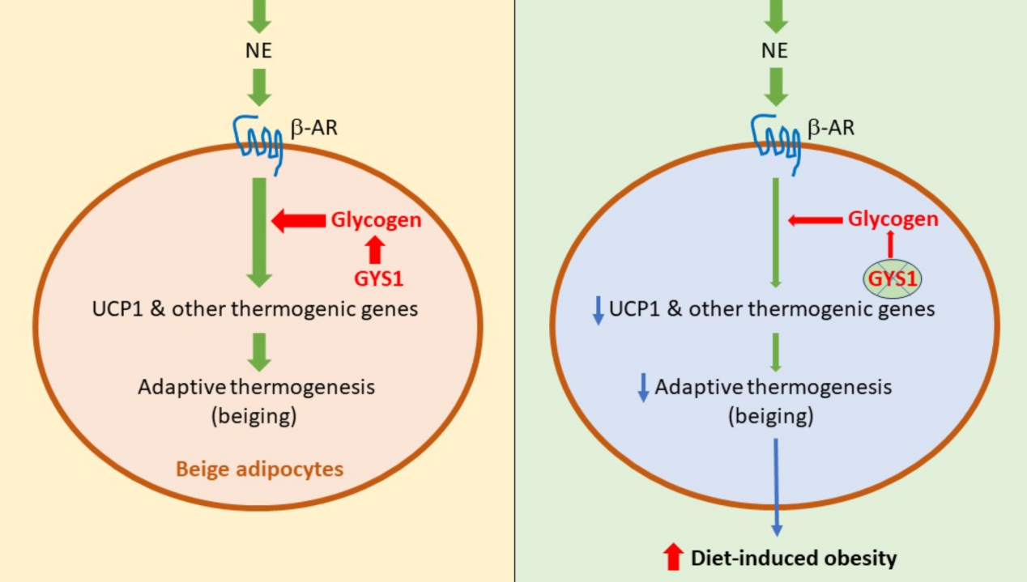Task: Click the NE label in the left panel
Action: (x=259, y=51)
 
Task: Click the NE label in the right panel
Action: (x=775, y=51)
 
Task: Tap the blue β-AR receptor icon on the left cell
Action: (x=258, y=138)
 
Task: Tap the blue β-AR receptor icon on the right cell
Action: (x=774, y=138)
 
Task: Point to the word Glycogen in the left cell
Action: (x=376, y=220)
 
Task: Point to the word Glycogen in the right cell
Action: (x=893, y=219)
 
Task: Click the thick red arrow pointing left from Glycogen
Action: (x=297, y=220)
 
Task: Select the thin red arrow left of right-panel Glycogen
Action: (x=814, y=219)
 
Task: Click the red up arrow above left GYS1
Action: (x=374, y=250)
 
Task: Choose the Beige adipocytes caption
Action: (x=260, y=469)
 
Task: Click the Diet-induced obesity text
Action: (x=794, y=558)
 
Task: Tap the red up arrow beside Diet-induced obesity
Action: (x=673, y=557)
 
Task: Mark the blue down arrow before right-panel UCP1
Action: (x=599, y=310)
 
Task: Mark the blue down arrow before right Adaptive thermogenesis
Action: (x=644, y=389)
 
